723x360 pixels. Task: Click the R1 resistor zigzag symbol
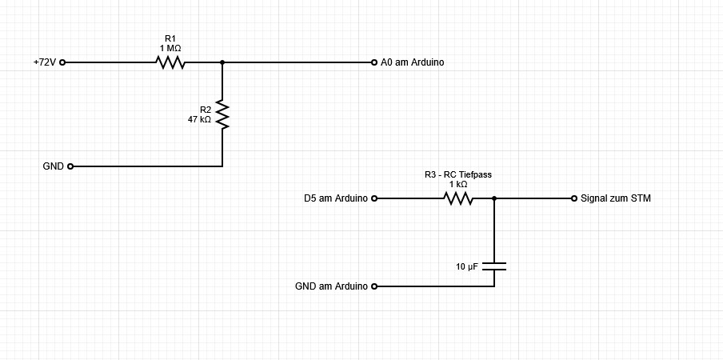pos(170,62)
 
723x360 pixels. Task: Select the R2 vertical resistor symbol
pos(222,114)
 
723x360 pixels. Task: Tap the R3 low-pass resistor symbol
pos(458,198)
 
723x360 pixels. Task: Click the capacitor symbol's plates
pos(494,266)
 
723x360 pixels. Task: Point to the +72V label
pos(45,62)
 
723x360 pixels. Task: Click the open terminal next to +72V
pos(62,62)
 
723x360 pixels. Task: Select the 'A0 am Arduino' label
pos(413,62)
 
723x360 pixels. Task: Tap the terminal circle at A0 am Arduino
pos(373,62)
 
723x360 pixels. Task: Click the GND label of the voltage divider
pos(54,166)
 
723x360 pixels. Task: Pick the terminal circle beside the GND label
pos(70,166)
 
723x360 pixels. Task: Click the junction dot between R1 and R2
pos(222,62)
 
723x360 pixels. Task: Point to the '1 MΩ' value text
pos(170,48)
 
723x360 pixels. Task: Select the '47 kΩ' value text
pos(199,119)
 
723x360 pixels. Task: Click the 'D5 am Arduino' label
pos(336,198)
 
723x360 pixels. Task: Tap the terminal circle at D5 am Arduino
pos(373,198)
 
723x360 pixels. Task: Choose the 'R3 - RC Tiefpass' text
pos(458,174)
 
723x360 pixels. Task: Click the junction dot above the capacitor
pos(494,198)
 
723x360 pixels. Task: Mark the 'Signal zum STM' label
pos(616,198)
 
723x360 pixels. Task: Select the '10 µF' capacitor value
pos(467,266)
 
